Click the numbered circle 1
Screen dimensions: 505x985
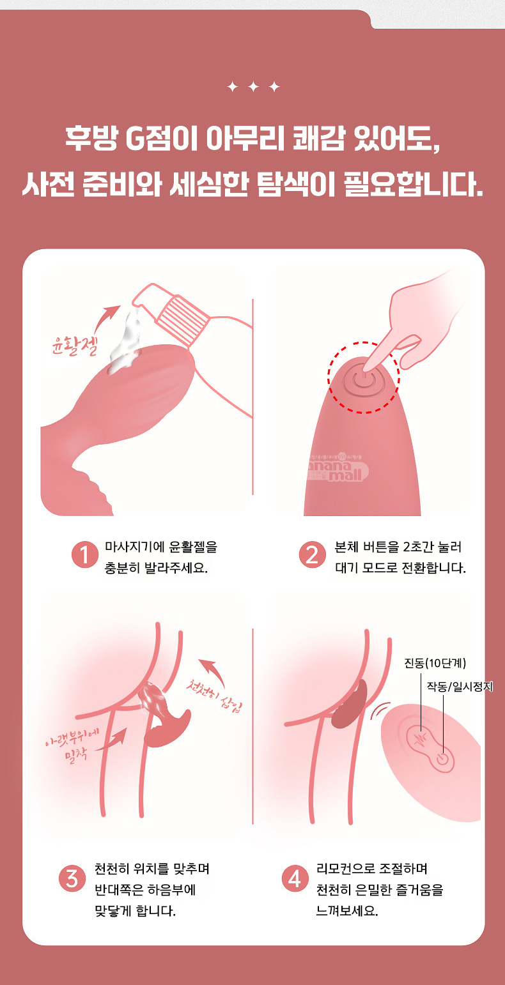click(x=84, y=554)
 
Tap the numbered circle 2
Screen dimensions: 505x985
click(x=313, y=554)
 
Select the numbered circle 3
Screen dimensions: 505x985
click(x=72, y=878)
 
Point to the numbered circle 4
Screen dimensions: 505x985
click(x=295, y=878)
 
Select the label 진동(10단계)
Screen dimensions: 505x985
click(x=435, y=662)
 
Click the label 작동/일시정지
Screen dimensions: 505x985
click(x=460, y=687)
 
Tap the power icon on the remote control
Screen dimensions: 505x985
click(x=442, y=758)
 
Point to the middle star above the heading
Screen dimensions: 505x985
click(x=253, y=87)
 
